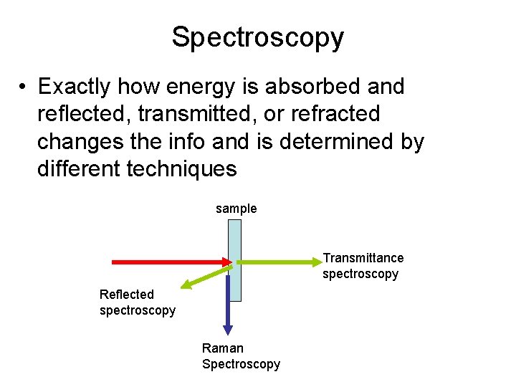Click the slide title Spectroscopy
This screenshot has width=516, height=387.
coord(257,37)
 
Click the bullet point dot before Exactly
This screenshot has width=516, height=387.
coord(24,87)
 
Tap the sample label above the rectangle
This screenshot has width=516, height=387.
coord(236,209)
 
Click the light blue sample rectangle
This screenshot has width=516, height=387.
coord(234,236)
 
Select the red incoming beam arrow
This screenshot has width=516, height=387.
coord(165,262)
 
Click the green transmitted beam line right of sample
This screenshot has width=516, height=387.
coord(279,262)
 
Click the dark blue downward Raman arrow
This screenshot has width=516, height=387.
coord(228,301)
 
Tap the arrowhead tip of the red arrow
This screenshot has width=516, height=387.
coord(231,262)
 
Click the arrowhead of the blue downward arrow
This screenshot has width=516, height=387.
coord(228,329)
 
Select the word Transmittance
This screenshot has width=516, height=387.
coord(363,258)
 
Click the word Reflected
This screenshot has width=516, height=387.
coord(127,295)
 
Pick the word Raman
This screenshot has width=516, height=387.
coord(222,348)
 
